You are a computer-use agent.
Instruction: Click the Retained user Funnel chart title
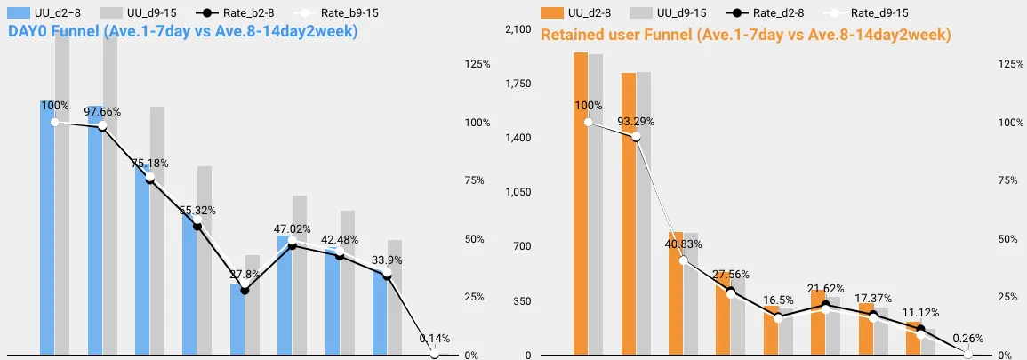tap(746, 35)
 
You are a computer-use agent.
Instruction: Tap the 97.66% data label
tap(102, 112)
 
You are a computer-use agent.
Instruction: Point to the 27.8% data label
tap(245, 275)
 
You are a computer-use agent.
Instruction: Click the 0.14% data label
tap(434, 339)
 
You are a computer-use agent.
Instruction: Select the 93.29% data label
tap(636, 121)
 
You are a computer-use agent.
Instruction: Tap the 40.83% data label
tap(684, 244)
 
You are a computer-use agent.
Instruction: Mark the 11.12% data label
tap(920, 315)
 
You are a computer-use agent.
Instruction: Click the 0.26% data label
tap(968, 339)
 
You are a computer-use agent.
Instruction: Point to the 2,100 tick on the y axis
tap(518, 30)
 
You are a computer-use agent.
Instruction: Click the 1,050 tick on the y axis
tap(518, 193)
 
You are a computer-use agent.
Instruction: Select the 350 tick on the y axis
tap(521, 301)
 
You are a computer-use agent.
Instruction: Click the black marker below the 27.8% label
tap(245, 291)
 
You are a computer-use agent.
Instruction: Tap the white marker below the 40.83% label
tap(684, 260)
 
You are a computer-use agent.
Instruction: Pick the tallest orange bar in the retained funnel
tap(580, 204)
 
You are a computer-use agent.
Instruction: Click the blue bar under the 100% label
tap(47, 231)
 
